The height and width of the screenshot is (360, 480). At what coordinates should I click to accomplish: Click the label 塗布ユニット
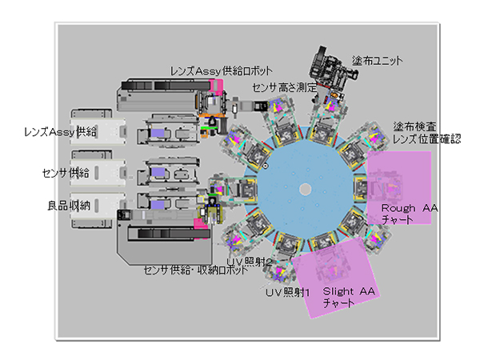coord(377,61)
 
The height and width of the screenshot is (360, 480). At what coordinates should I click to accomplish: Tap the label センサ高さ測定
coord(285,88)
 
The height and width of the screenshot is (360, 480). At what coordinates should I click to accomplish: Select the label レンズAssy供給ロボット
coord(221,71)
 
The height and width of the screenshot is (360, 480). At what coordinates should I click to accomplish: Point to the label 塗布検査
coord(414,126)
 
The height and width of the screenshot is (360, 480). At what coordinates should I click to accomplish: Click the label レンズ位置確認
coord(426,139)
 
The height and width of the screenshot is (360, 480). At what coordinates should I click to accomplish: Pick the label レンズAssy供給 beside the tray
coord(60,132)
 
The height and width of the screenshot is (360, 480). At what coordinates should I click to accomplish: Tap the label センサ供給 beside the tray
coord(66,174)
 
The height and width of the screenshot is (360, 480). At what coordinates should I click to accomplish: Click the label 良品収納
coord(69,206)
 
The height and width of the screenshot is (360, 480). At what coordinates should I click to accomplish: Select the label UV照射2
coord(249,262)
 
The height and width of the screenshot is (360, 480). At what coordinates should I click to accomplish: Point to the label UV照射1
coord(287,293)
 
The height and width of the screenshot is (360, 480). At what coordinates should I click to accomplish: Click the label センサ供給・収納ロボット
coord(196,270)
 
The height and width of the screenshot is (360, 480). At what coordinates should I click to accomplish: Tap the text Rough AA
coord(410,208)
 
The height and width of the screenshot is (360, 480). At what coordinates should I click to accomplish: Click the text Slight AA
coord(349,291)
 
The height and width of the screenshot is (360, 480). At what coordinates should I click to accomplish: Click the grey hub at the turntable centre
coord(305,189)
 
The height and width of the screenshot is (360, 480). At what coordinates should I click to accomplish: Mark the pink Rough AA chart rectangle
coord(399,187)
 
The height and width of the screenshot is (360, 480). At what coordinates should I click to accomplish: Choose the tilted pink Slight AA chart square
coord(335,278)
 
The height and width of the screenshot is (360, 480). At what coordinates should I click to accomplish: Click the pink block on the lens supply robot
coord(216,86)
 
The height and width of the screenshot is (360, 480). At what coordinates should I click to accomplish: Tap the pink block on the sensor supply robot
coord(201,225)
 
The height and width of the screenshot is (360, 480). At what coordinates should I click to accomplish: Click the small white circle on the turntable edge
coord(266,166)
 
